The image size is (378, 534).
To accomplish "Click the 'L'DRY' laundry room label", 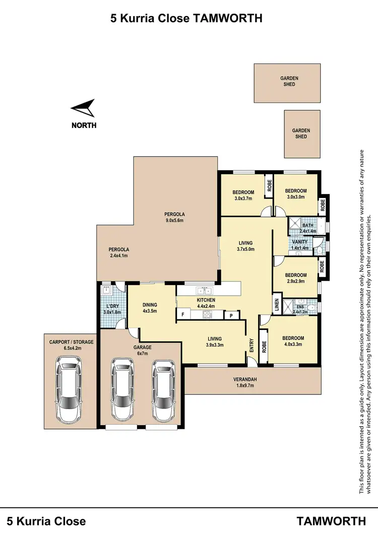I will coord(111,309).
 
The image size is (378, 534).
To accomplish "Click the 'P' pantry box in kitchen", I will coord(231,315).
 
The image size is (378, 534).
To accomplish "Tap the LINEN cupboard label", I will coord(277,305).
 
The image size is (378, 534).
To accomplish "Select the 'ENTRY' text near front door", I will coord(251,345).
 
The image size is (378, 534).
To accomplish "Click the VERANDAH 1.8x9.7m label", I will coord(246,382).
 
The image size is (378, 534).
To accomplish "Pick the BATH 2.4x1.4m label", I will coord(307,228).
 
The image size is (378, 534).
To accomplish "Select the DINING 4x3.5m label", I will coord(150,308).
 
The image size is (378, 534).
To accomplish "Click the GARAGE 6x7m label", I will coord(143,350).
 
